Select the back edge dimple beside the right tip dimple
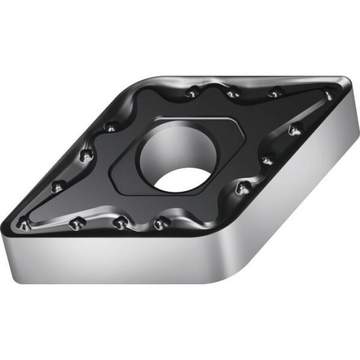coord(274,93)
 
